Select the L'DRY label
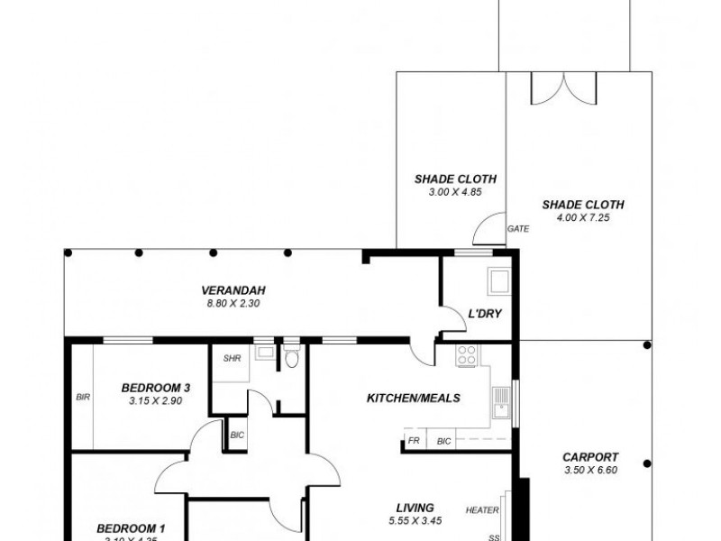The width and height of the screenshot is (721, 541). point(484,315)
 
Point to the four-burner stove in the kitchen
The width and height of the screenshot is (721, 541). point(468,355)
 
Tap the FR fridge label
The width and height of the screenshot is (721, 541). point(414,442)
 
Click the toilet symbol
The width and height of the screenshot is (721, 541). point(289,359)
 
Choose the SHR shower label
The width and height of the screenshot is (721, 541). point(231,358)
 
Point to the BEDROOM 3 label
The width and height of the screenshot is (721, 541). point(156,389)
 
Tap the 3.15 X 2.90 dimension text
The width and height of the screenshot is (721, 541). point(156,401)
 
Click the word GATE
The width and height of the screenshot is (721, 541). point(518,229)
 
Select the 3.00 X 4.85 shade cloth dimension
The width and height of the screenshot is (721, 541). point(443,191)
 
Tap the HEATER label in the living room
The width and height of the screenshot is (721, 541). point(482,510)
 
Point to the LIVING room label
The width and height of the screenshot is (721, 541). point(415,508)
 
